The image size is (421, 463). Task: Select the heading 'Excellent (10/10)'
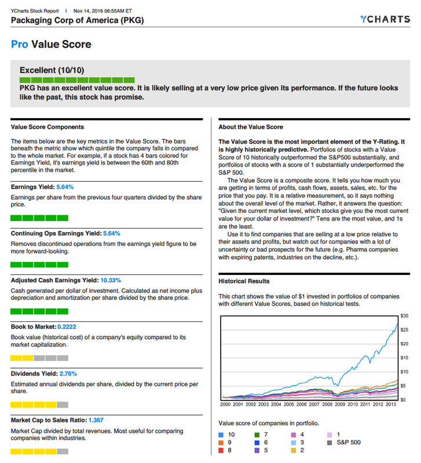point(53,70)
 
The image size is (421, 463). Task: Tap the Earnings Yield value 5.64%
point(64,187)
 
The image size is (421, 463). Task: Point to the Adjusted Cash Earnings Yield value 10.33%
point(111,280)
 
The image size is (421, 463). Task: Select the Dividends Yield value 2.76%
point(68,373)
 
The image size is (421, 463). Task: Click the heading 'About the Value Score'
point(251,127)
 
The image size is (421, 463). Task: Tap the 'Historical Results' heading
point(244,281)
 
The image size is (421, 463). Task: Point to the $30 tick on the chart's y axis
point(405,315)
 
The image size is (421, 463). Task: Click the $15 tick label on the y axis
point(405,358)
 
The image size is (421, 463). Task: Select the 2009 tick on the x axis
point(340,405)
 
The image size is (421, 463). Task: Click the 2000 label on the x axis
point(226,405)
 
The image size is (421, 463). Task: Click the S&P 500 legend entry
point(348,442)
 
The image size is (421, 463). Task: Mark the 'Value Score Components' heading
point(47,127)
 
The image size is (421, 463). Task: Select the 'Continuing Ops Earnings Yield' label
point(56,233)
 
